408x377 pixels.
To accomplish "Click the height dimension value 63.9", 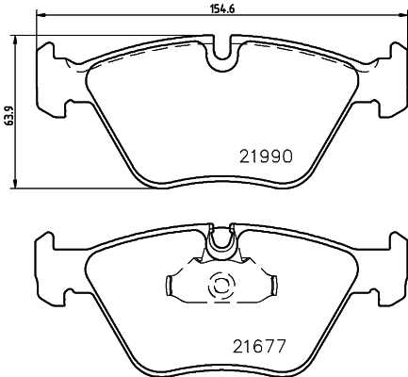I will [8, 115].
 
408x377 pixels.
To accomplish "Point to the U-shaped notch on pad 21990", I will [222, 54].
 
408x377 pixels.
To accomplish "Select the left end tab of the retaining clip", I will [171, 284].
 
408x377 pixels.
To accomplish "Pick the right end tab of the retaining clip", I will [275, 284].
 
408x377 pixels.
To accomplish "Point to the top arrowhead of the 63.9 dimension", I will [17, 41].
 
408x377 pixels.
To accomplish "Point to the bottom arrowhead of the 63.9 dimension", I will [17, 186].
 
